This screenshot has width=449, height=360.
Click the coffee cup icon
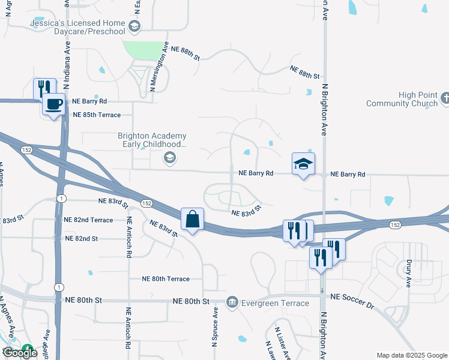(x=54, y=104)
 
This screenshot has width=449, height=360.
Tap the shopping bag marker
(x=193, y=220)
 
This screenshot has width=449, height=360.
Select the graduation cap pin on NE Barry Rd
(x=303, y=163)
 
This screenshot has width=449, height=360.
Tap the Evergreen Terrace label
(x=275, y=303)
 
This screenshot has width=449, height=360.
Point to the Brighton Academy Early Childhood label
(x=151, y=140)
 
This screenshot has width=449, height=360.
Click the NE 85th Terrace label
(x=97, y=115)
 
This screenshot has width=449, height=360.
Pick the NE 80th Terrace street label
(x=166, y=279)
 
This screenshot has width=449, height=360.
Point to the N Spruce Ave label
(x=214, y=328)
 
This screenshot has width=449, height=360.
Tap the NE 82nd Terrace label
(x=88, y=220)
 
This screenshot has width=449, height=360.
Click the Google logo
(x=20, y=353)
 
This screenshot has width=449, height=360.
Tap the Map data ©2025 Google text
(x=411, y=355)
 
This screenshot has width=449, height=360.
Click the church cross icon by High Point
(x=445, y=97)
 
